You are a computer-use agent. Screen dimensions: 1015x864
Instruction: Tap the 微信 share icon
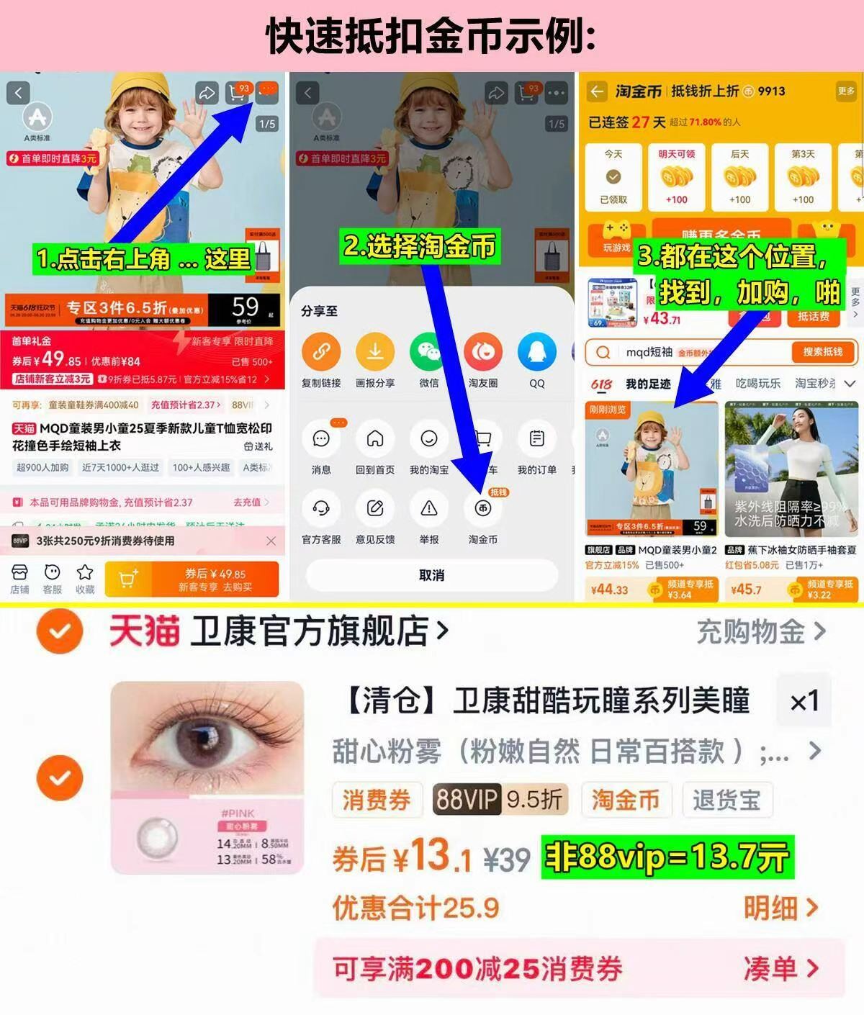[x=429, y=352]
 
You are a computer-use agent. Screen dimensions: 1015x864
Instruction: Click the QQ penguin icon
[x=537, y=352]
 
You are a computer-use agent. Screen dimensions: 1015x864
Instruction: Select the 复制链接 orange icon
[x=321, y=352]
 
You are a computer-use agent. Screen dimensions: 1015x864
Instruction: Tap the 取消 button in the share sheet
[x=432, y=575]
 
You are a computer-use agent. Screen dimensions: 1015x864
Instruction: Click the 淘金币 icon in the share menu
[x=482, y=509]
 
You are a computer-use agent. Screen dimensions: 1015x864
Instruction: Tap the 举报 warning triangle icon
[x=429, y=509]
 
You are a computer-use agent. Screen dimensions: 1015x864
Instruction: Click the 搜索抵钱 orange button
[x=822, y=352]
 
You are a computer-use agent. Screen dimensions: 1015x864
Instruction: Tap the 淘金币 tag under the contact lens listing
[x=625, y=800]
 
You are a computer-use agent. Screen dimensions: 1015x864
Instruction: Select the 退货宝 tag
[x=726, y=800]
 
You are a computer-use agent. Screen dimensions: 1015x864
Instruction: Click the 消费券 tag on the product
[x=376, y=800]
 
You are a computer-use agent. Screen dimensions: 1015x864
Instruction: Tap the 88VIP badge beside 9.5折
[x=467, y=800]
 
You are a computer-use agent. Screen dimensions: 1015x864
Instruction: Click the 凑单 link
[x=780, y=969]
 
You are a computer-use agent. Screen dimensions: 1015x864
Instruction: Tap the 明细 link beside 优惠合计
[x=780, y=908]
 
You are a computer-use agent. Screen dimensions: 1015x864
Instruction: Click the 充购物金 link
[x=760, y=632]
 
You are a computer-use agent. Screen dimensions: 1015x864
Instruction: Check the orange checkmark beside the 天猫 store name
[x=60, y=631]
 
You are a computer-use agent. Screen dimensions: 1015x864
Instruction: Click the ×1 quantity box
[x=804, y=701]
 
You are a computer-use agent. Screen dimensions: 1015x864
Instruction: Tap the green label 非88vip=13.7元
[x=667, y=857]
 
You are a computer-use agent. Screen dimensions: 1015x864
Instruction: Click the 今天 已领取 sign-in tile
[x=613, y=176]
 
